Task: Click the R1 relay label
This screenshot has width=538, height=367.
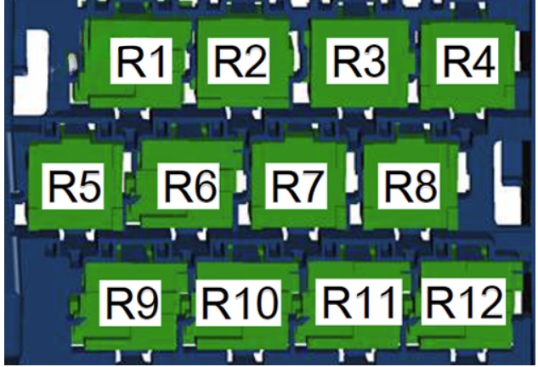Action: click(x=141, y=61)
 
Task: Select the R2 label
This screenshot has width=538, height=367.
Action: click(x=239, y=61)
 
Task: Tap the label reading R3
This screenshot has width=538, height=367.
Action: click(x=357, y=61)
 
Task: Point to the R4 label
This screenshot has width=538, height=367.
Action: click(x=467, y=61)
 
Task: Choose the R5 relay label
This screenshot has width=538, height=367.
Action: click(x=73, y=186)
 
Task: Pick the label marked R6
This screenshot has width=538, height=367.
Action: click(x=189, y=186)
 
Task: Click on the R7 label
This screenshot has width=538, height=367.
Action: click(x=296, y=186)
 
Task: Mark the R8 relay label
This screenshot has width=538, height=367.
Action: click(x=409, y=186)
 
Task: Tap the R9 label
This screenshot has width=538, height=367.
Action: click(x=130, y=303)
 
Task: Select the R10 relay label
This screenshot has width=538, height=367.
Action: click(x=239, y=303)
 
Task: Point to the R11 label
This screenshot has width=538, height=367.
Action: click(x=359, y=302)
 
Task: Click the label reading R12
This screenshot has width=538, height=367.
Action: click(x=463, y=302)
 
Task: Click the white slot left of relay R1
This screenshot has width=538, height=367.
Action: click(x=31, y=72)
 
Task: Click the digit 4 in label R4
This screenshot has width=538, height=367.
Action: click(x=483, y=62)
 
